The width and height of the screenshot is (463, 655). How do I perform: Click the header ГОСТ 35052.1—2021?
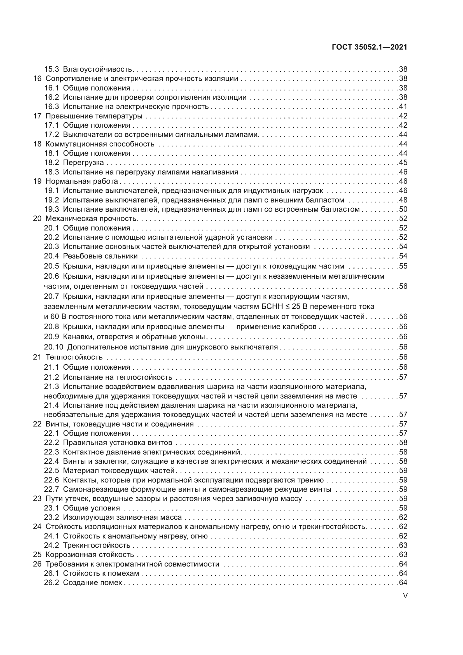coord(370,47)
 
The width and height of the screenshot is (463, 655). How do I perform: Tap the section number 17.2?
coord(51,134)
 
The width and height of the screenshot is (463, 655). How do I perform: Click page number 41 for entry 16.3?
coord(403,106)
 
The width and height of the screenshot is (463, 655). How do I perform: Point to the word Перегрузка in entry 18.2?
coord(83,162)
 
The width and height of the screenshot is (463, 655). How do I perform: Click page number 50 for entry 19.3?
coord(403,209)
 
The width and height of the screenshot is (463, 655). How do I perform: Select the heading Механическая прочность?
coord(91,218)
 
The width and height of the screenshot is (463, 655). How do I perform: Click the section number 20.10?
coord(53,347)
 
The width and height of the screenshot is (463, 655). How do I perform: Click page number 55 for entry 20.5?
coord(403,266)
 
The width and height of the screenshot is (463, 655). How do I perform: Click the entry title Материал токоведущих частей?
coord(119,470)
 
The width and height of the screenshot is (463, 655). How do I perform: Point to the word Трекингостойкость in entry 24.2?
coord(96,545)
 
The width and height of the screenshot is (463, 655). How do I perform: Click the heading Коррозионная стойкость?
coord(90,554)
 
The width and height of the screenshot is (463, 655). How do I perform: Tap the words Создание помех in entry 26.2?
coord(92,582)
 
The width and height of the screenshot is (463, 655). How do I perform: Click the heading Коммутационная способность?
coord(100,144)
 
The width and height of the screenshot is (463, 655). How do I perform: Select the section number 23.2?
coord(51,517)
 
